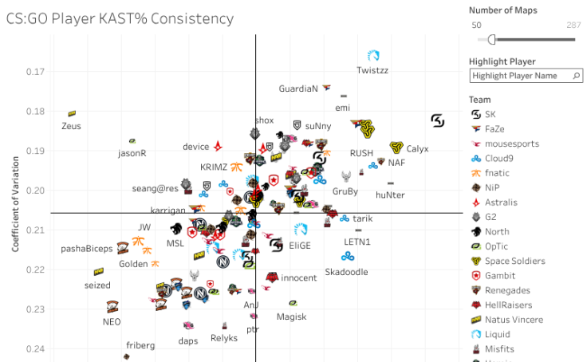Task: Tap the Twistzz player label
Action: (x=372, y=70)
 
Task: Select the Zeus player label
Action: (x=71, y=126)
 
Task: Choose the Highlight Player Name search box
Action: (x=520, y=76)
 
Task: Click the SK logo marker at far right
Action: (x=438, y=120)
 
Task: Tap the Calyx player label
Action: (x=417, y=149)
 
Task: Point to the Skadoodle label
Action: (x=347, y=272)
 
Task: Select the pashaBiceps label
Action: (x=87, y=249)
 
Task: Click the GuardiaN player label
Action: (x=299, y=89)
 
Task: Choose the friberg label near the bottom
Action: (x=140, y=345)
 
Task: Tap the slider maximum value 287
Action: (x=573, y=26)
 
